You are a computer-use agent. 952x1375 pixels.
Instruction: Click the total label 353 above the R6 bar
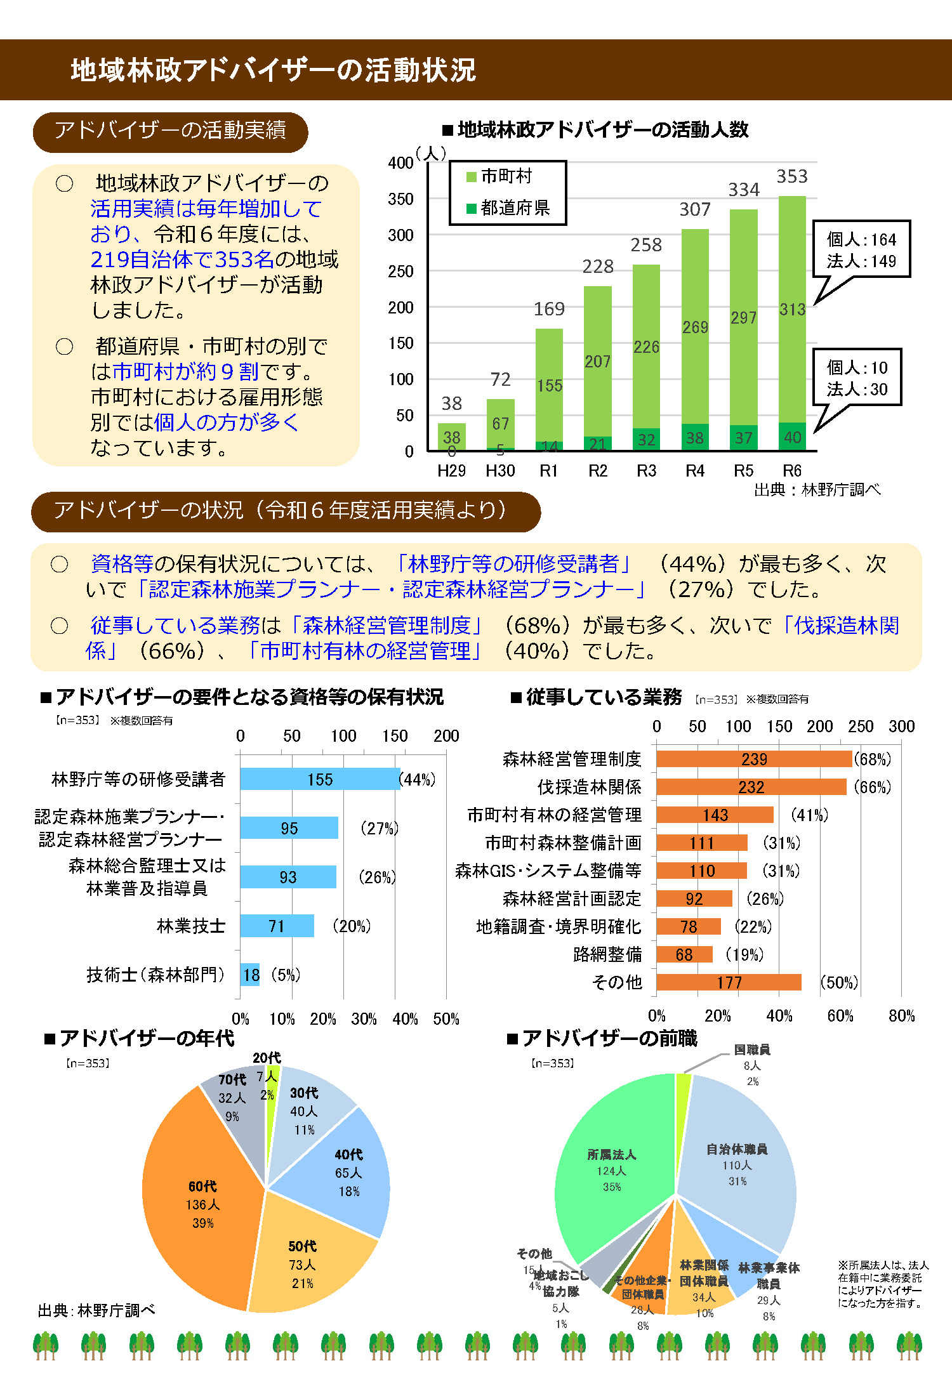click(x=791, y=176)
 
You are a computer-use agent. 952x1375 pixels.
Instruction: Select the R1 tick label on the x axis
click(x=548, y=471)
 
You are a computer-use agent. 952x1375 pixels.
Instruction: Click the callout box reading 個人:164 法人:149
click(x=861, y=249)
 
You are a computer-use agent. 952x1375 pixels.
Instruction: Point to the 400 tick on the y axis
click(x=400, y=163)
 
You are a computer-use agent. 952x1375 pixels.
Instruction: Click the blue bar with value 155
click(x=320, y=779)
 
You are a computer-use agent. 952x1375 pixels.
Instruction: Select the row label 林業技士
click(x=190, y=926)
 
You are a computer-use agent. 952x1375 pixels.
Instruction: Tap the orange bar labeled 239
click(x=753, y=759)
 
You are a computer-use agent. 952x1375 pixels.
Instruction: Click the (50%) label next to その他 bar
click(x=838, y=982)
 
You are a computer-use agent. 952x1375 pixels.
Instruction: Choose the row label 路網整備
click(x=607, y=954)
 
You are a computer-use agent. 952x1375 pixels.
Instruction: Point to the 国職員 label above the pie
click(x=751, y=1050)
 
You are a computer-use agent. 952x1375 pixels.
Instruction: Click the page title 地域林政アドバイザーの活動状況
click(x=273, y=70)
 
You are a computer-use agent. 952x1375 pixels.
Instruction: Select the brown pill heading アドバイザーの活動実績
click(x=170, y=131)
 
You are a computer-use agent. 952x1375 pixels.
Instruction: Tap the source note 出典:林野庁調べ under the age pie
click(x=96, y=1310)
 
